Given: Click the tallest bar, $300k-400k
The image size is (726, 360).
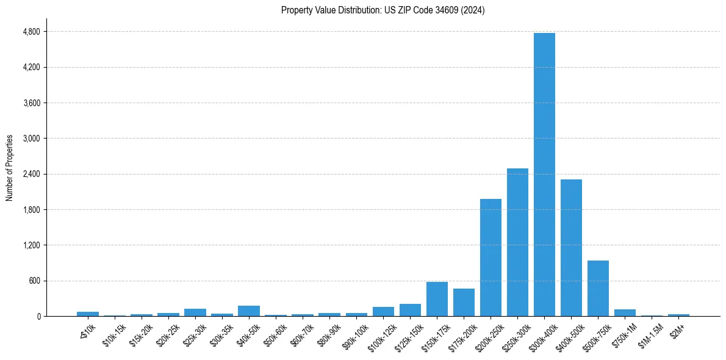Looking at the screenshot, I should pos(544,175).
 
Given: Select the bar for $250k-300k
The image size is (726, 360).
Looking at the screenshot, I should pos(517,242).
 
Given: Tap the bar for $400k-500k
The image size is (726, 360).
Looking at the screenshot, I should pos(571,248).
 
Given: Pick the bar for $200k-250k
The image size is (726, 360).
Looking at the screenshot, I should pos(491,257).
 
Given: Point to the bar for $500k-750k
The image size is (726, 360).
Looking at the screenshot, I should pos(598,288).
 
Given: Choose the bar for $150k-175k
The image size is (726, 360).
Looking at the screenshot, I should pos(437,299).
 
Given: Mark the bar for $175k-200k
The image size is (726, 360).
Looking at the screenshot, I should pos(464,302).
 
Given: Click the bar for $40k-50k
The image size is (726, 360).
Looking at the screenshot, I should pos(249,311).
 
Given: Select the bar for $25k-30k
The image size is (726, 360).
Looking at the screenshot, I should pos(195,312).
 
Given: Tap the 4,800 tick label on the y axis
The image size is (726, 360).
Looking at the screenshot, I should pos(31,32).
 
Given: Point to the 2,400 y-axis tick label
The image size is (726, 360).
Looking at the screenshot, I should pos(31,174).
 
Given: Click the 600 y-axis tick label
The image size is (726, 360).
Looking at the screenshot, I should pos(34,281).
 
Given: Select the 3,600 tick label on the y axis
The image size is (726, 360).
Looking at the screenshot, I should pos(31,103).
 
